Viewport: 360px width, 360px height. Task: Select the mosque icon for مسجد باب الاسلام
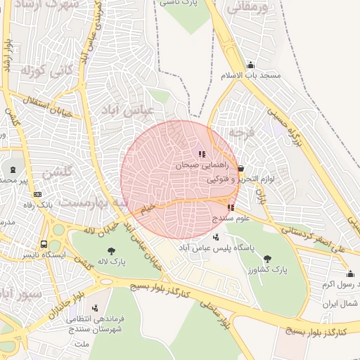250,65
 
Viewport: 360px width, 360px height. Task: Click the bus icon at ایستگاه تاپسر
44,245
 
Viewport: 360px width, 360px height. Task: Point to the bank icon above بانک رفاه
38,194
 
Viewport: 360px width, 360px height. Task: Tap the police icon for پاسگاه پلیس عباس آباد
215,237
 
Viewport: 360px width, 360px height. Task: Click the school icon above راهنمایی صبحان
202,153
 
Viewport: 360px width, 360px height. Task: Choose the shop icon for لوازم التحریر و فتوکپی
241,169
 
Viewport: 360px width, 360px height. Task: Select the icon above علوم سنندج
231,207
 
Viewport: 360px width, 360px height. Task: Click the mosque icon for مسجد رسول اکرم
350,274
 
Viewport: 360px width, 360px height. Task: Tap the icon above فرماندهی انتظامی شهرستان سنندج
95,308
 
